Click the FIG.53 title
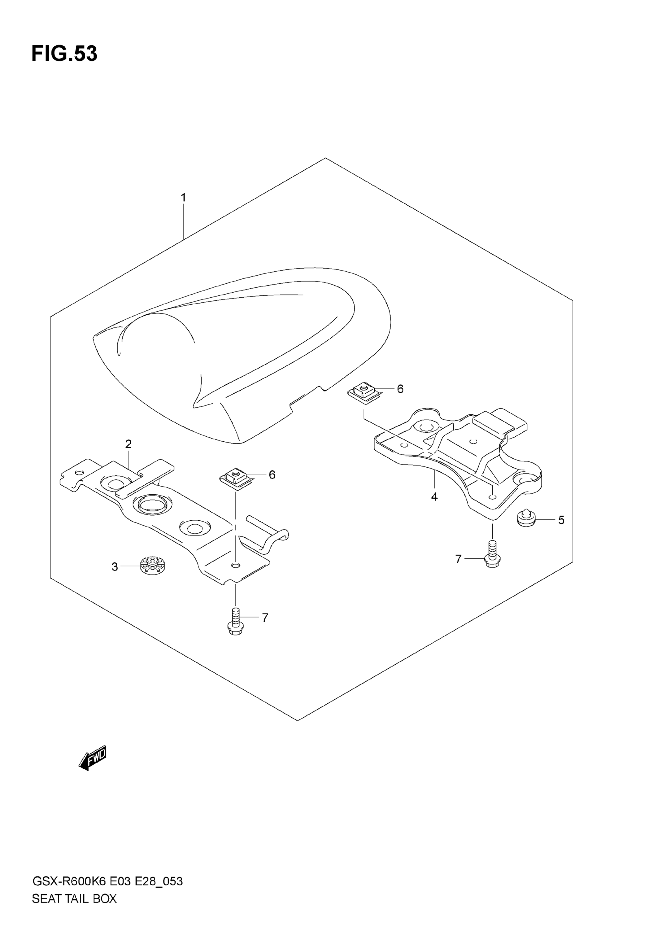(x=65, y=54)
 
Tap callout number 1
(x=183, y=198)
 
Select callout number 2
(x=128, y=444)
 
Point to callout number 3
(x=115, y=567)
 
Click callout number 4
(x=434, y=497)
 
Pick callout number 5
(x=561, y=520)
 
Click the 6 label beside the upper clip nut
(x=400, y=389)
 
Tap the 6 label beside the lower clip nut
(x=272, y=475)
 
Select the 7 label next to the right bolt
(x=459, y=559)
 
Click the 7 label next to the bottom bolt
(x=265, y=617)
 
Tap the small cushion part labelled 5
(x=526, y=519)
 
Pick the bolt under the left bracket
(x=236, y=626)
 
